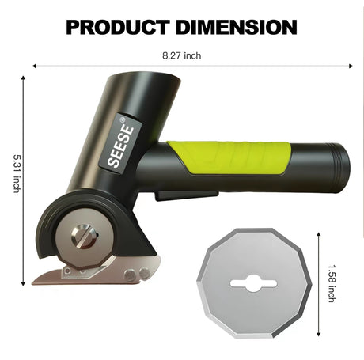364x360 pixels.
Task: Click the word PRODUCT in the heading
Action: (118, 27)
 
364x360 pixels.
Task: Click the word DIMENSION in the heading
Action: (237, 27)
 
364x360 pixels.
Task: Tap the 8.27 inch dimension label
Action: (182, 55)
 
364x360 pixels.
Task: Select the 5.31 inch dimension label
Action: (17, 173)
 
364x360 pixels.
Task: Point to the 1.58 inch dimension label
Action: (332, 283)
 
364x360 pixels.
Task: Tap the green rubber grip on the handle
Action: (229, 157)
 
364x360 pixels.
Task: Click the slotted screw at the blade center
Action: (84, 236)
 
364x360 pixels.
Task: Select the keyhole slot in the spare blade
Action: (253, 283)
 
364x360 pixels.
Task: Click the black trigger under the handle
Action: (186, 195)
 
